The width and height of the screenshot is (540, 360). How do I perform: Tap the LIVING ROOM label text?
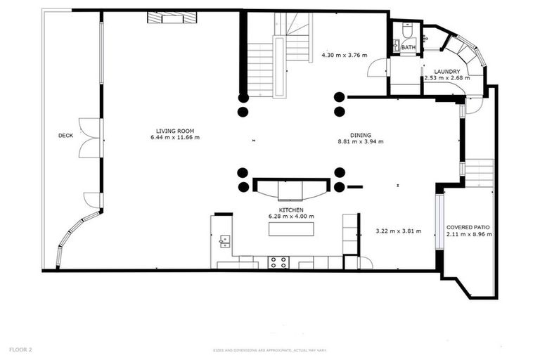click(175, 130)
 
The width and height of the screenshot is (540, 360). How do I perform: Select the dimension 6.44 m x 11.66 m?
click(175, 137)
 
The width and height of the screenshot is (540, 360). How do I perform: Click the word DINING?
click(361, 135)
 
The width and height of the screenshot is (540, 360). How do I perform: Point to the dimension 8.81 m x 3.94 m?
click(361, 142)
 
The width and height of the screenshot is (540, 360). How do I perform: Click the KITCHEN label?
click(290, 210)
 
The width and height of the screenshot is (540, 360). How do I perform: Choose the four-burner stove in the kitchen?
click(278, 262)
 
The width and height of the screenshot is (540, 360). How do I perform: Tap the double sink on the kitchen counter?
click(225, 241)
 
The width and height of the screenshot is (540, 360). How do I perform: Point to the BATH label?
click(409, 48)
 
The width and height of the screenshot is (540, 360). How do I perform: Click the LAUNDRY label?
click(447, 72)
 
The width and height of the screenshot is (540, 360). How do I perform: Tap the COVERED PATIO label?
click(468, 228)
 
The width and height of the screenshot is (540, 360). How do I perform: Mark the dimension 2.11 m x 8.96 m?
click(468, 235)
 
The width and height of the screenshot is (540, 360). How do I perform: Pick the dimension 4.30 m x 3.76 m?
click(345, 55)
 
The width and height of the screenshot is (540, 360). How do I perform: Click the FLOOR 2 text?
click(20, 349)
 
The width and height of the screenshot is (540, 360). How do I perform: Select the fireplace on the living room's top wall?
click(173, 18)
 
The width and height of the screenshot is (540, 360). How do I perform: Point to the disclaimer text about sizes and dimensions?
click(271, 350)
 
